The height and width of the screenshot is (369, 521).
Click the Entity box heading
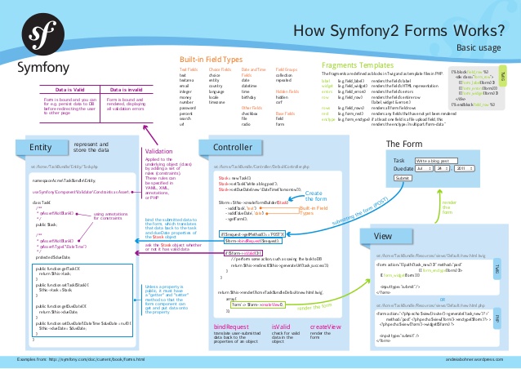pos(40,147)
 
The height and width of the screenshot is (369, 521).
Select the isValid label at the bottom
pos(281,327)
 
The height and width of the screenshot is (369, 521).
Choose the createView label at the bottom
pos(325,327)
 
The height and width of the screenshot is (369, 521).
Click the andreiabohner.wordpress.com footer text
pos(472,359)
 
